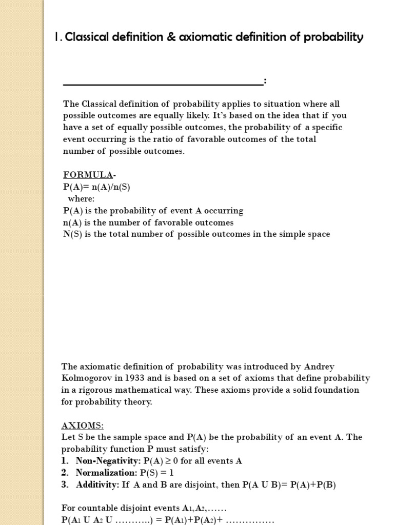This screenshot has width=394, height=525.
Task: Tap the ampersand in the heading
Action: tap(171, 37)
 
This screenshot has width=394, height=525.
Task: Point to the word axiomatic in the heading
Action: tap(204, 37)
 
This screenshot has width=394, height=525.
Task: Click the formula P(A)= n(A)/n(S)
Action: tap(96, 187)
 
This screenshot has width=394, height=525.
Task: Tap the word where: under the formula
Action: tap(82, 198)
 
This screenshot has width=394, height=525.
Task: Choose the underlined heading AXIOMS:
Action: tap(83, 426)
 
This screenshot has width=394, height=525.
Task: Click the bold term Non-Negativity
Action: tap(108, 461)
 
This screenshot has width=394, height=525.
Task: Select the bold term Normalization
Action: tap(106, 473)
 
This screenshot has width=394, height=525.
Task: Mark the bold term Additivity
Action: tap(97, 484)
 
